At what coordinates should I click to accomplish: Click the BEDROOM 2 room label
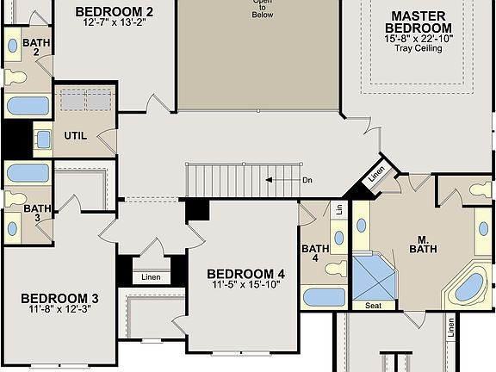coord(114,12)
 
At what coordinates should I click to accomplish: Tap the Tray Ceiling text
coord(418,48)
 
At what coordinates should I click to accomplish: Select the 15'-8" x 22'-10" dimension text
coord(418,38)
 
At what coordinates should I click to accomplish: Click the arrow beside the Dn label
coord(279,180)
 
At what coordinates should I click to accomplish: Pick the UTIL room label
coord(76,135)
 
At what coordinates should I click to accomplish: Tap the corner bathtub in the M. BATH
coord(468,287)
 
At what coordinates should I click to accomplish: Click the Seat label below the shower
coord(374,306)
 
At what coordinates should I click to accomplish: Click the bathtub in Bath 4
coord(324,298)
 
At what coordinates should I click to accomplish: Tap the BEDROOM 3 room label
coord(59,299)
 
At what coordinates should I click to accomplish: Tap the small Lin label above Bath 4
coord(339,210)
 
